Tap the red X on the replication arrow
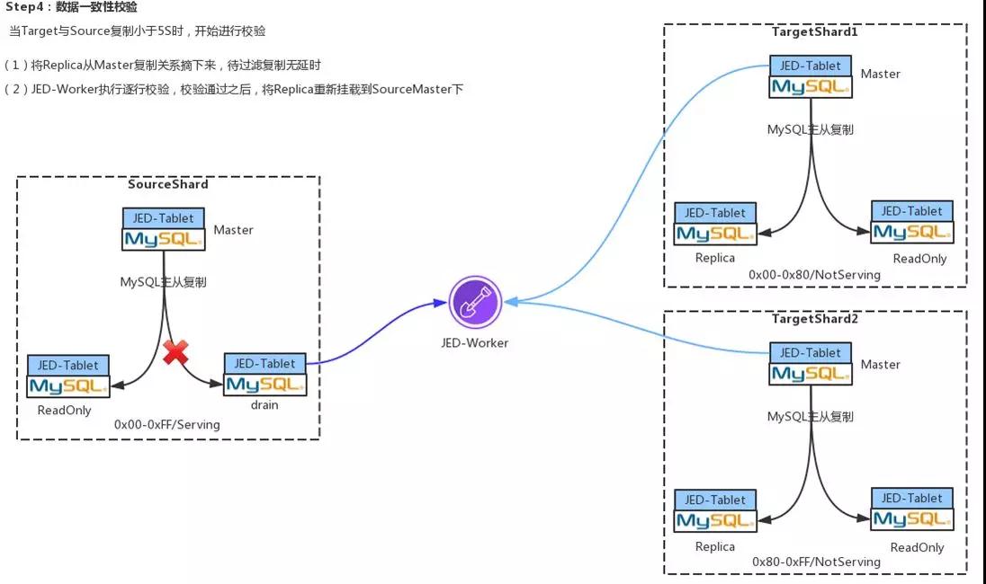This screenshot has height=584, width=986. (175, 352)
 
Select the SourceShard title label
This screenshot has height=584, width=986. (168, 184)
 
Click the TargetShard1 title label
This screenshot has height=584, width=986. (815, 31)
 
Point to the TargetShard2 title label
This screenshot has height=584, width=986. (815, 319)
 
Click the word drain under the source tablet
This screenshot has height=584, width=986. (264, 404)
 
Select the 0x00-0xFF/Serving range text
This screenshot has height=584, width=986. (167, 424)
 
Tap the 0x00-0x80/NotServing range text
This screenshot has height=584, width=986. (815, 274)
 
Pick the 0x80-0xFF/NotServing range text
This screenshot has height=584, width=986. (816, 562)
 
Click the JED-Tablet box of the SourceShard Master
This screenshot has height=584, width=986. (164, 218)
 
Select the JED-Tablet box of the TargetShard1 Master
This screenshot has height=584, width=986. (811, 66)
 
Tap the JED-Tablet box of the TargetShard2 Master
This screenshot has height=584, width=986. (811, 353)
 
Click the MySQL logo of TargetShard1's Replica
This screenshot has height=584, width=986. (715, 234)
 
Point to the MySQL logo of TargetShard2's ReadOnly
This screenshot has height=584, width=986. (912, 519)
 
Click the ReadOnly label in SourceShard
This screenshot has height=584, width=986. (64, 411)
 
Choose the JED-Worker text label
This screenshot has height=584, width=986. (474, 342)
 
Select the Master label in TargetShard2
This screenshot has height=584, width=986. (880, 364)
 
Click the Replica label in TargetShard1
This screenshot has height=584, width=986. (715, 258)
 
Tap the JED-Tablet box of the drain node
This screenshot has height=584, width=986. (264, 363)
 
